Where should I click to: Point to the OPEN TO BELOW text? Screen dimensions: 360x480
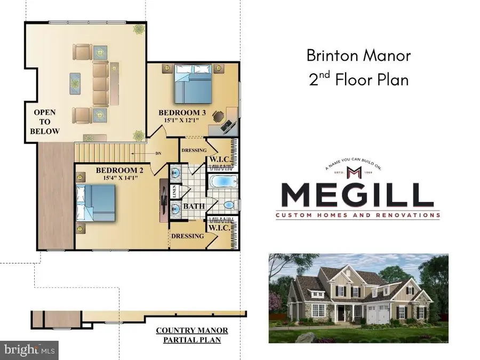click(x=45, y=122)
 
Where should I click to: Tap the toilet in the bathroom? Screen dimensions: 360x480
click(x=228, y=204)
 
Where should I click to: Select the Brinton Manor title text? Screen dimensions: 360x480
click(x=358, y=55)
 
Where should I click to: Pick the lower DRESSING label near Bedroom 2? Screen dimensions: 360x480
click(x=187, y=236)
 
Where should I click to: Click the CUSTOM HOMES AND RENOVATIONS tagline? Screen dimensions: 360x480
click(x=357, y=215)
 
